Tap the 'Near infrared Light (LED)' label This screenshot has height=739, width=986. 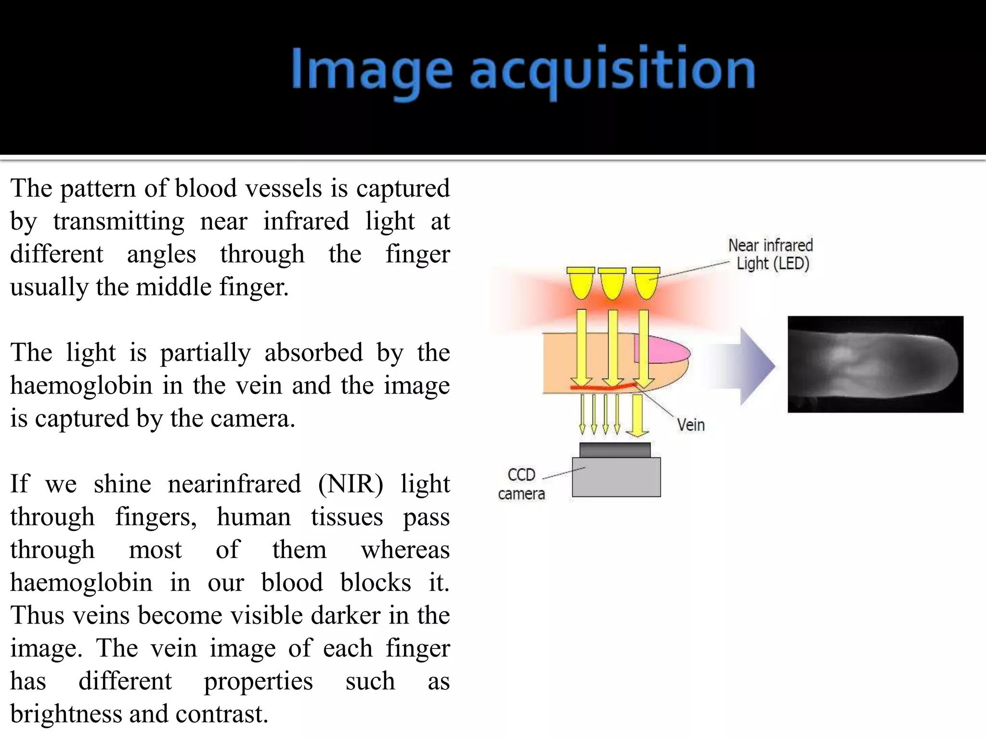click(x=771, y=254)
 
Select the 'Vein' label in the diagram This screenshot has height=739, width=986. click(x=690, y=425)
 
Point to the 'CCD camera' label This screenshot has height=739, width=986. click(x=521, y=484)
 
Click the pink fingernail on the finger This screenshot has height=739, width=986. click(x=661, y=350)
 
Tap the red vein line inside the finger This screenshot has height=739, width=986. click(x=602, y=386)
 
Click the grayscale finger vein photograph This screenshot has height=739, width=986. click(x=875, y=364)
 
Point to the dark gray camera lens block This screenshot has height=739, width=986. click(x=615, y=450)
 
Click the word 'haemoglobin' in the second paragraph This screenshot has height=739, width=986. click(x=81, y=386)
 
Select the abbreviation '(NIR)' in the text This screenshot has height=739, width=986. click(x=350, y=484)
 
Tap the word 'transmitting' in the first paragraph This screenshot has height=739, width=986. click(x=118, y=222)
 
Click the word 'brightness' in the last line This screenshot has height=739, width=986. click(x=66, y=714)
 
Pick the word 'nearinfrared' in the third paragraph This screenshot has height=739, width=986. click(x=234, y=484)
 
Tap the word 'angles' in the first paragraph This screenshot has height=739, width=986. click(x=161, y=255)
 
